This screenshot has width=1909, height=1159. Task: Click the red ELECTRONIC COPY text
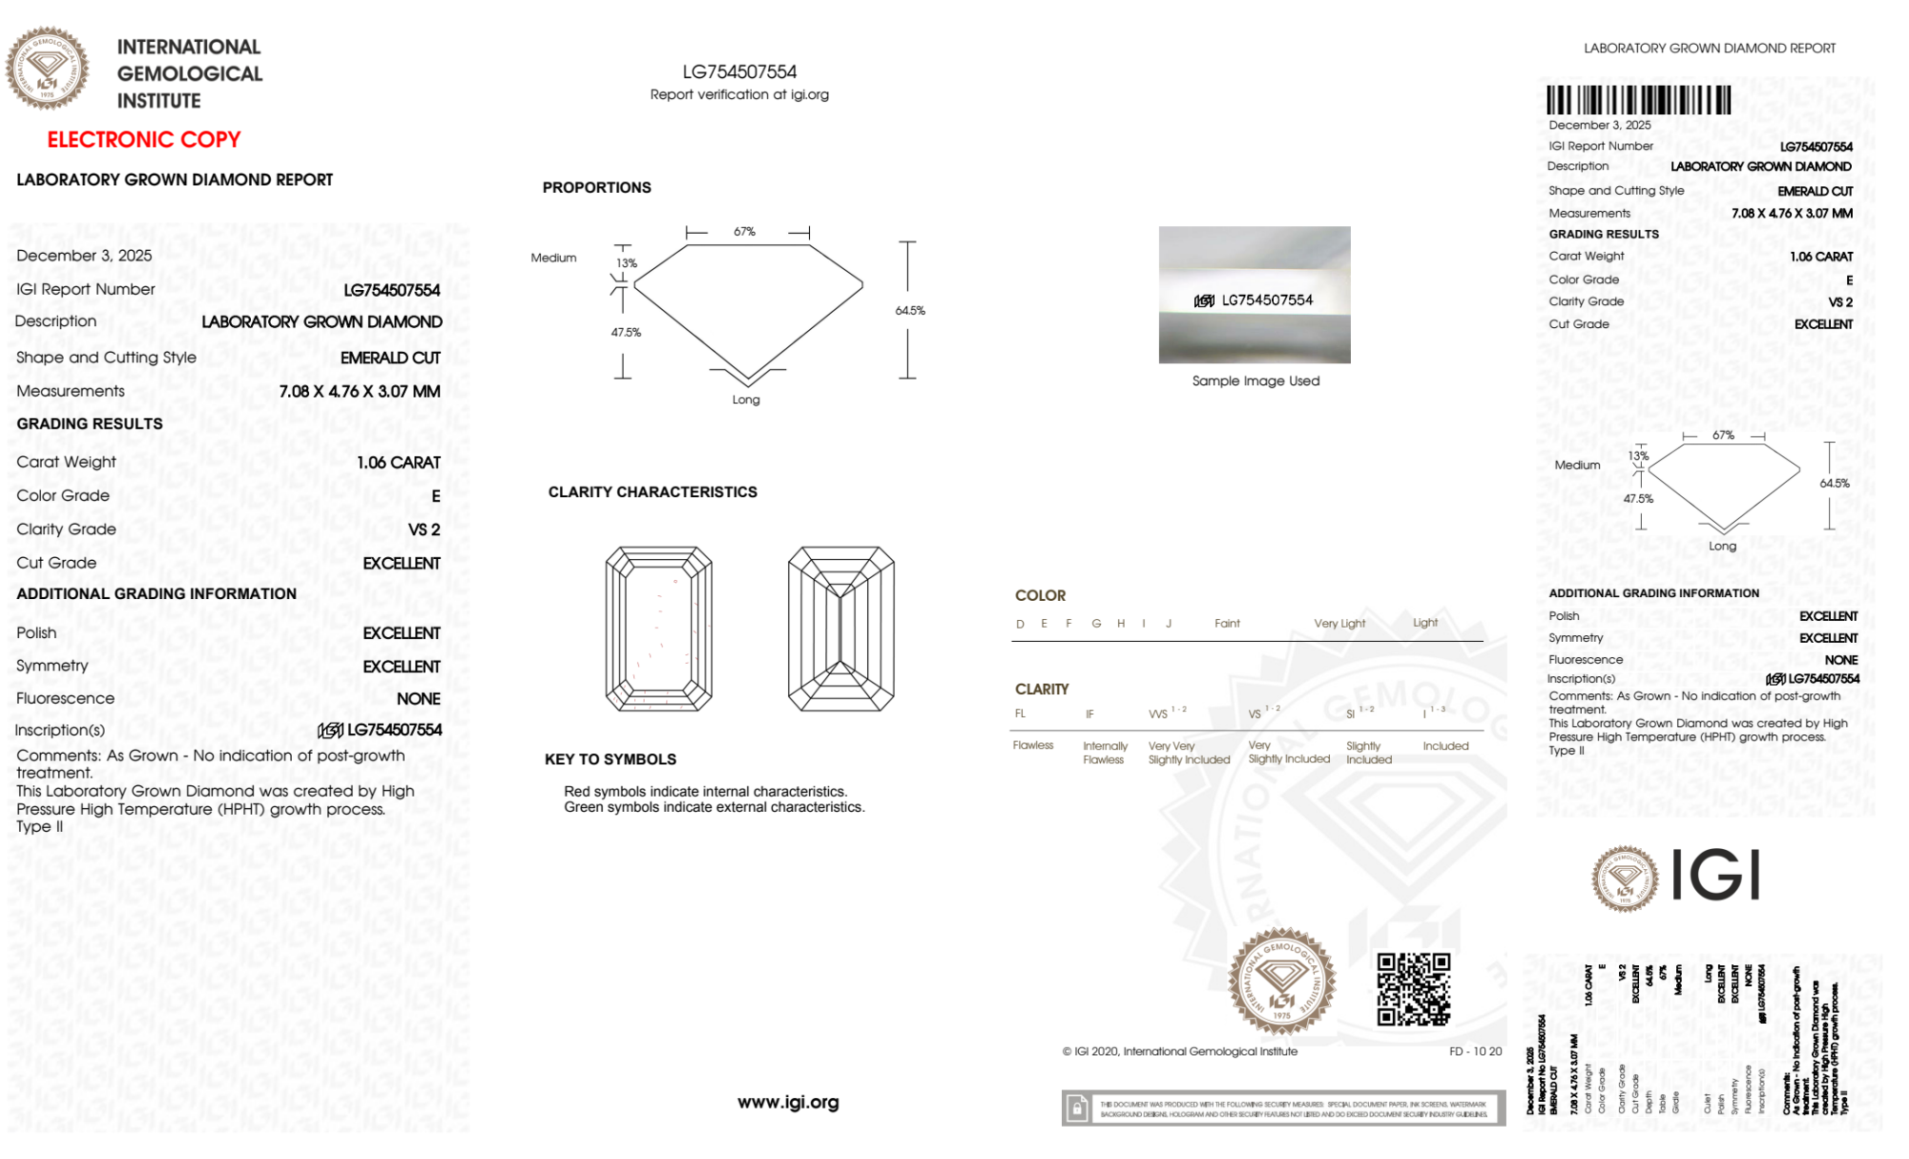point(144,140)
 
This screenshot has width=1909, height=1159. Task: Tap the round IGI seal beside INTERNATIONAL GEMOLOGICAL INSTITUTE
point(48,69)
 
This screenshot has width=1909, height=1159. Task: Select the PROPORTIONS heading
point(596,188)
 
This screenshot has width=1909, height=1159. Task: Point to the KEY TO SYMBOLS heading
point(610,759)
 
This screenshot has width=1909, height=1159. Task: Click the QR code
point(1413,989)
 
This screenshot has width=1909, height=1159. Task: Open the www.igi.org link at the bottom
point(788,1103)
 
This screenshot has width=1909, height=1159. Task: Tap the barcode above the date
point(1638,100)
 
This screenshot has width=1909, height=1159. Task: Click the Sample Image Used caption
point(1255,381)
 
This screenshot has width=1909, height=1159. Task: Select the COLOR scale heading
point(1040,595)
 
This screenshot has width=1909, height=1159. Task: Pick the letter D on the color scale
point(1020,624)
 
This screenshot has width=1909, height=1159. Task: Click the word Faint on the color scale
point(1227,624)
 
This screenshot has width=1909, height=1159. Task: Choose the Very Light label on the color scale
point(1339,624)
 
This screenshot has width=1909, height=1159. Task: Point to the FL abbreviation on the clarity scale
point(1020,714)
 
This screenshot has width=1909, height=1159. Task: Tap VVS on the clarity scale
point(1158,714)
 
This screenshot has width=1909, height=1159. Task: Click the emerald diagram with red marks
point(658,629)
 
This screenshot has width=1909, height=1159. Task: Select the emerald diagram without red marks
point(840,629)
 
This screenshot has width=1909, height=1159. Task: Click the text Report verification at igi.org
point(739,94)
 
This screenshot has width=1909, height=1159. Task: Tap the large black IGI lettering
point(1716,876)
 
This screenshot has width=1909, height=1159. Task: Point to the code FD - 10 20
point(1475,1051)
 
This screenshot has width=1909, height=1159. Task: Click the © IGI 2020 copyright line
point(1180,1051)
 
